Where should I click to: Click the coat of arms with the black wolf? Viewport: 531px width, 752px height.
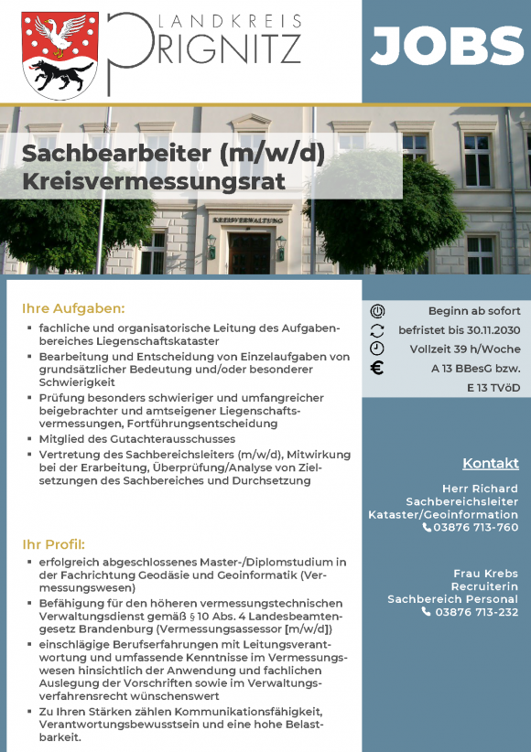point(60,55)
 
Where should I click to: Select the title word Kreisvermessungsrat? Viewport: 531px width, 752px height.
point(154,181)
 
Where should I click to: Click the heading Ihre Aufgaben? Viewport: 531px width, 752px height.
point(73,308)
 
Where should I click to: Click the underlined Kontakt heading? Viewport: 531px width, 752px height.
point(490,462)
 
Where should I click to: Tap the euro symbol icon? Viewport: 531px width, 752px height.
point(377,369)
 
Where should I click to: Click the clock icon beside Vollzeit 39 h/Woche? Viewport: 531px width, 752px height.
point(377,349)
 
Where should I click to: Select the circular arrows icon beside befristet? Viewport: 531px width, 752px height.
point(377,330)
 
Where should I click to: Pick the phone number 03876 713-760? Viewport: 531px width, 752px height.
point(476,527)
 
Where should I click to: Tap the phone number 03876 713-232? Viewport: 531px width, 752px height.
point(476,612)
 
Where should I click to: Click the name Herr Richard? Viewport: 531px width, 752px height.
point(480,489)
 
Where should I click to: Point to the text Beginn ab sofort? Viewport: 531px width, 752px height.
point(473,311)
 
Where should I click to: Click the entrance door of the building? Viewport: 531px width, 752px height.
point(248,252)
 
